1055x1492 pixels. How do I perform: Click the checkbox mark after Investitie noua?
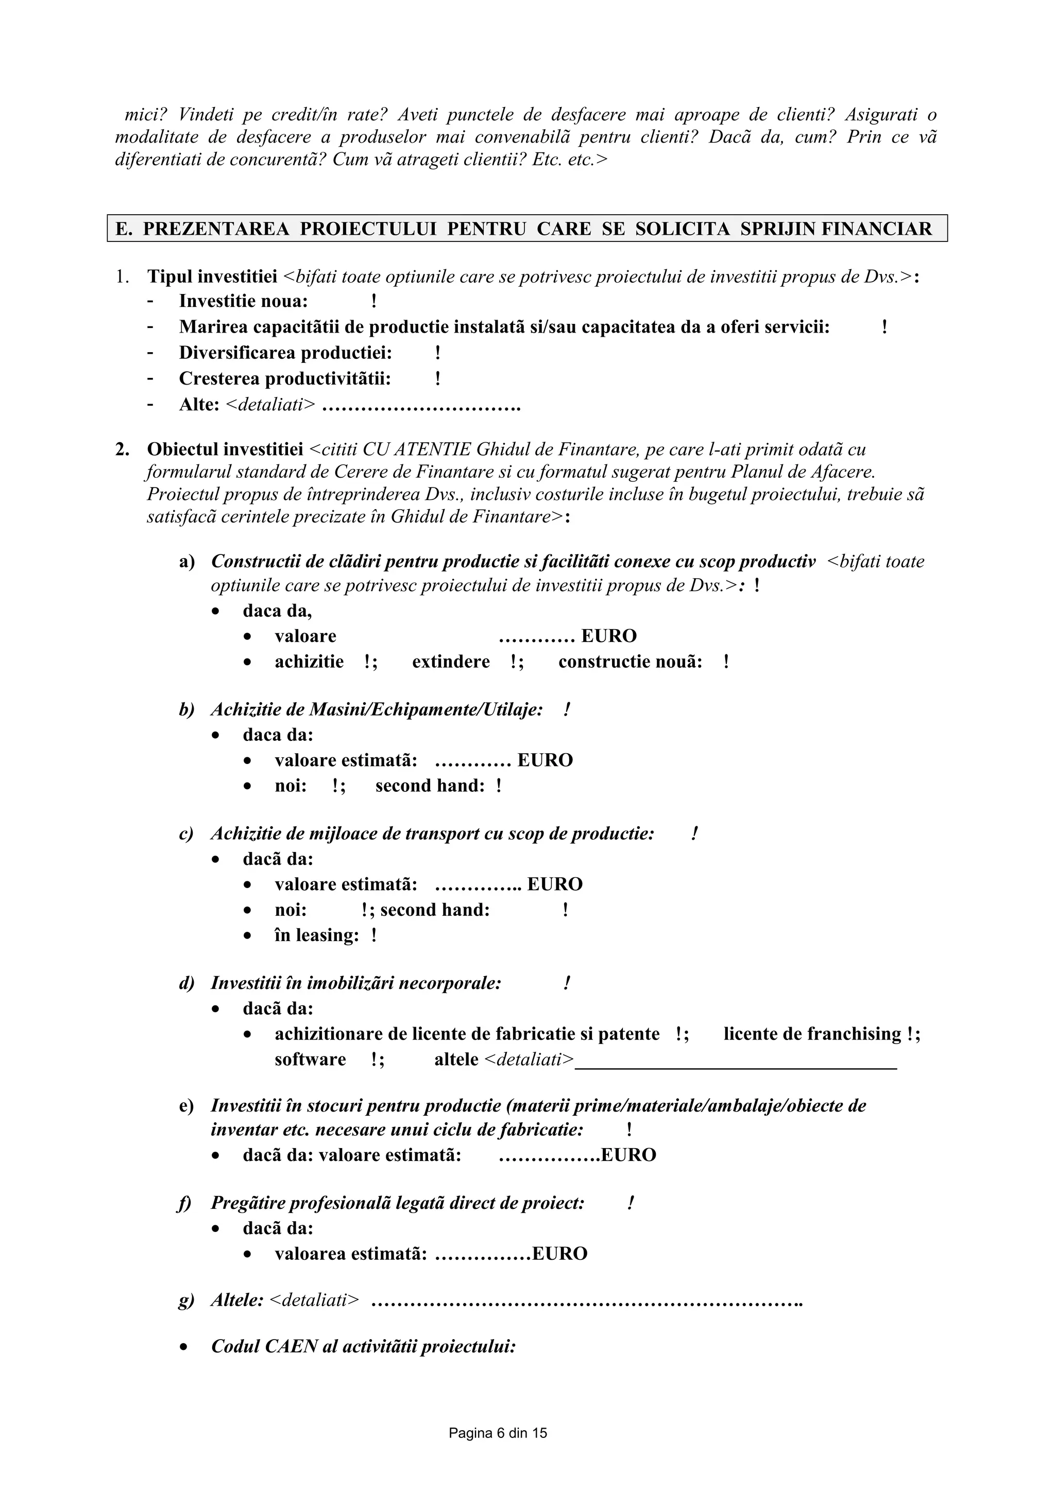coord(374,302)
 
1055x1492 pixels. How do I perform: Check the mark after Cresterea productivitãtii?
coord(438,378)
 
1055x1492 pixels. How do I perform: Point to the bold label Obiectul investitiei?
coord(225,449)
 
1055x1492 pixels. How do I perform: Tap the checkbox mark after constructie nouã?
coord(726,662)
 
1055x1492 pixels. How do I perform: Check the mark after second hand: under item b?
coord(499,786)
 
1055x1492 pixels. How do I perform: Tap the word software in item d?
coord(310,1059)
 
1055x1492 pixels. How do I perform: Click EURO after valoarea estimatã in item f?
coord(559,1254)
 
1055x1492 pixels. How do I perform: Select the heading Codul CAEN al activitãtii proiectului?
coord(363,1346)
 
